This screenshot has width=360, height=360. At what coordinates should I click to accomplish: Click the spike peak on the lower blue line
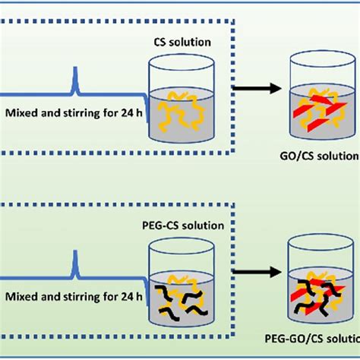pos(74,257)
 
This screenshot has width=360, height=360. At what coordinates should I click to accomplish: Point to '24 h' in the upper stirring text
pos(123,114)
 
